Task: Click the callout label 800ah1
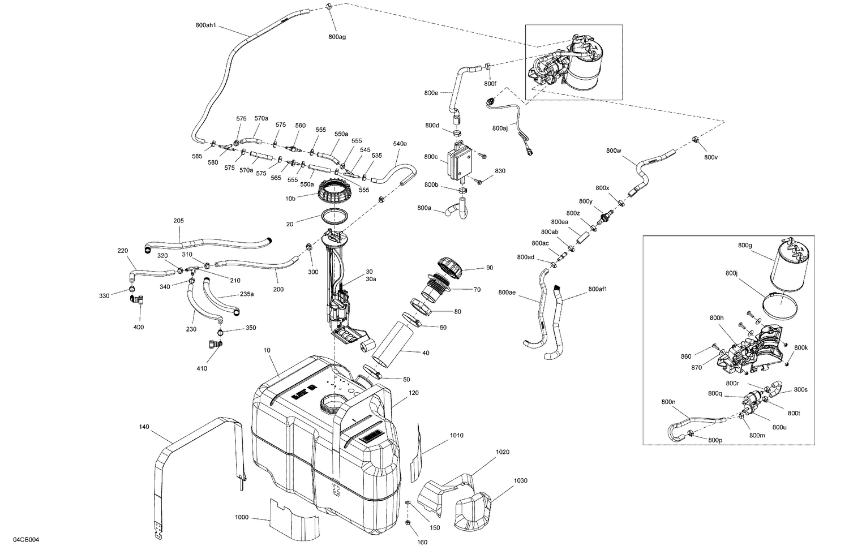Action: click(x=206, y=25)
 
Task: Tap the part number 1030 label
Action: click(x=520, y=480)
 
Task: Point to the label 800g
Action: click(x=745, y=245)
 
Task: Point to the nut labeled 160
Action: click(x=408, y=521)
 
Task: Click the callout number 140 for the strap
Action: click(x=144, y=427)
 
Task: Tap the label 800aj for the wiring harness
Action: click(x=500, y=128)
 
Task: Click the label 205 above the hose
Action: click(x=179, y=221)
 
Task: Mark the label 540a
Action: click(x=400, y=144)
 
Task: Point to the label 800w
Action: click(x=614, y=151)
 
